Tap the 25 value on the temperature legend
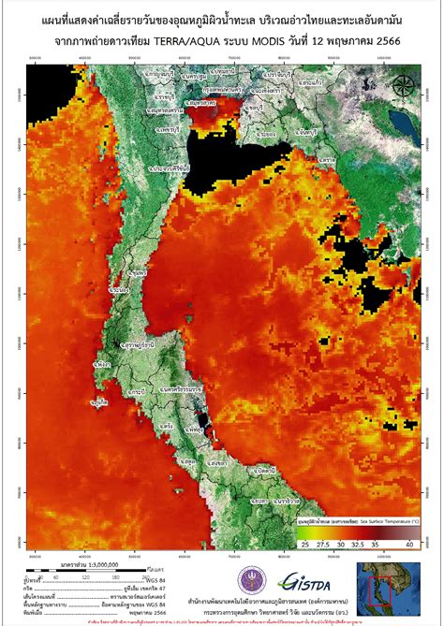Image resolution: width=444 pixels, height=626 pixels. pos(304,543)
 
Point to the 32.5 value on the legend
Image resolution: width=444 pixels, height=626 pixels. pos(360,543)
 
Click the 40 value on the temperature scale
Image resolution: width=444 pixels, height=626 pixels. pos(410,543)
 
